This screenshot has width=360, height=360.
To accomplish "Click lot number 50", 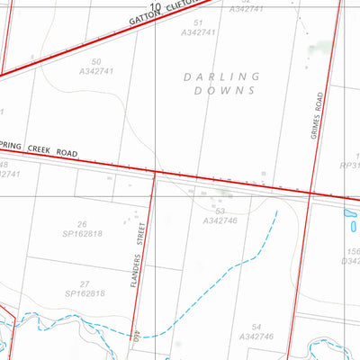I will coord(96,62).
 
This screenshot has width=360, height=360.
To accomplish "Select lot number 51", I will coord(198,22).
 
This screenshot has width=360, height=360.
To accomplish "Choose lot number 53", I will coord(220,211).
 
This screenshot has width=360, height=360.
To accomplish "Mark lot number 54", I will coord(256,326).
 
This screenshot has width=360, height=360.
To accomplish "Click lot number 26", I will coord(82,224).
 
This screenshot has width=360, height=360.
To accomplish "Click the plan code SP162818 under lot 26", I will coord(83,234).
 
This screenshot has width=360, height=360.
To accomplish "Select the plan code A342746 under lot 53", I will coord(220,220).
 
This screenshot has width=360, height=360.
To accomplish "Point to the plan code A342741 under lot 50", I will coord(97,72).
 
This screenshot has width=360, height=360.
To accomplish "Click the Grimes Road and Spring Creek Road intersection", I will coord(310,192).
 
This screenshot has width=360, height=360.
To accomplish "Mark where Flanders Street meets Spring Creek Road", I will coord(156,171).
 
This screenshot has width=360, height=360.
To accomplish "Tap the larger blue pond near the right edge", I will coord(350,217).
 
